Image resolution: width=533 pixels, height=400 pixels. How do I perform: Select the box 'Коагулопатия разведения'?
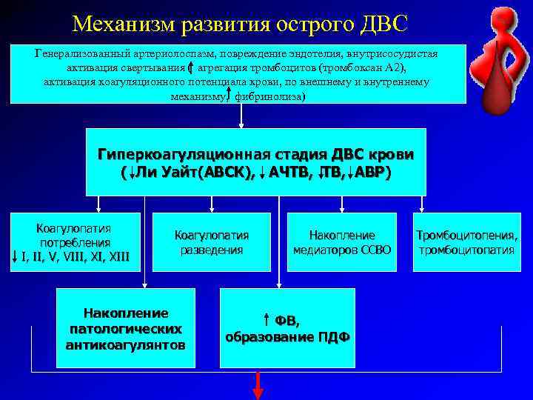click(212, 242)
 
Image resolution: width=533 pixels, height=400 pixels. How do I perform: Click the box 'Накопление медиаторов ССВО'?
click(342, 242)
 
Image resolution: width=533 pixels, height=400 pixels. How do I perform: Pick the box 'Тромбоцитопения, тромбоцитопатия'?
click(466, 242)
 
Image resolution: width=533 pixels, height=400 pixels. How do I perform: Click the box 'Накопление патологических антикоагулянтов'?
click(126, 329)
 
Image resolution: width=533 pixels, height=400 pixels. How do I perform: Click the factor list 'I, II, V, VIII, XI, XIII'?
click(76, 257)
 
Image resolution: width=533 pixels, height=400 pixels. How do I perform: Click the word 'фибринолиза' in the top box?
click(269, 96)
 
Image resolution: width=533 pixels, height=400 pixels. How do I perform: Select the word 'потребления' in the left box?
click(76, 242)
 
